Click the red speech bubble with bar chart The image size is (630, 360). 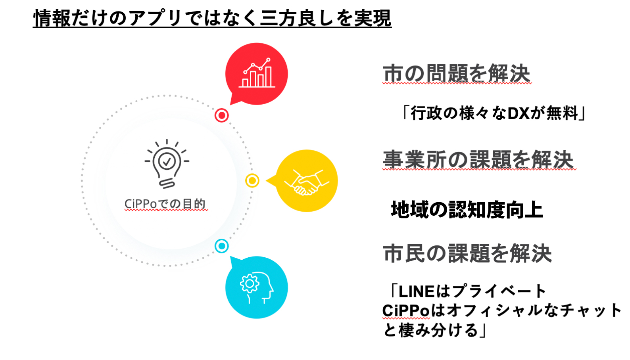tap(257, 74)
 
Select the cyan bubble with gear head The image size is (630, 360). tap(257, 287)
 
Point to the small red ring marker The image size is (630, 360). tap(222, 115)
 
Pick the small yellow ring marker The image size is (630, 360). tap(252, 181)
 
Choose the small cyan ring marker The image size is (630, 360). tap(222, 246)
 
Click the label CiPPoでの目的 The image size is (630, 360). tap(165, 204)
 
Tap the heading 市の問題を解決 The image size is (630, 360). tap(457, 73)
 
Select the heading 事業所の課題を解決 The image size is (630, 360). tap(478, 160)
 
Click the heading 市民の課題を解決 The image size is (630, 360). tap(467, 253)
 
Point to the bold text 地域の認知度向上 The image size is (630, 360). tap(467, 210)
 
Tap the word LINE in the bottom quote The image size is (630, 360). tap(417, 291)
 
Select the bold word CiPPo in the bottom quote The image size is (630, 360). tap(406, 311)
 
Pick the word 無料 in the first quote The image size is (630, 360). tap(562, 113)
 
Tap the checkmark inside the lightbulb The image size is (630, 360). tap(167, 161)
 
